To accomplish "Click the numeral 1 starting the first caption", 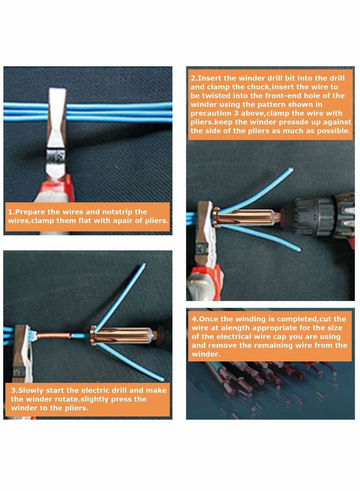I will (x=10, y=212).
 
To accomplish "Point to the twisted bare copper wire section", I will (x=54, y=335).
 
